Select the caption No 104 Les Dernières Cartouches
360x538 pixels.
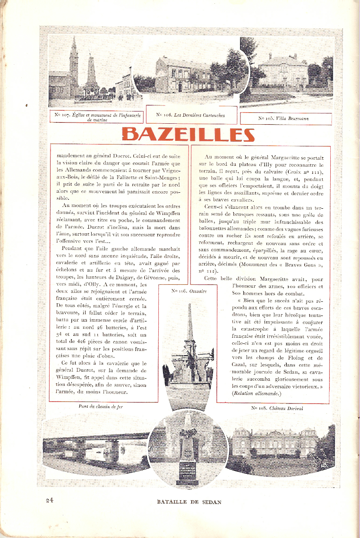pyautogui.click(x=190, y=115)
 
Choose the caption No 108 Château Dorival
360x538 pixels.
pyautogui.click(x=277, y=408)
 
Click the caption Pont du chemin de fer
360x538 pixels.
pyautogui.click(x=100, y=406)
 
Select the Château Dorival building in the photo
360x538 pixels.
pyautogui.click(x=274, y=442)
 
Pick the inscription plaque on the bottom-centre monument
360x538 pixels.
pyautogui.click(x=188, y=473)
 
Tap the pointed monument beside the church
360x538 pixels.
pyautogui.click(x=91, y=76)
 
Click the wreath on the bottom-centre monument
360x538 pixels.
pyautogui.click(x=188, y=433)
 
